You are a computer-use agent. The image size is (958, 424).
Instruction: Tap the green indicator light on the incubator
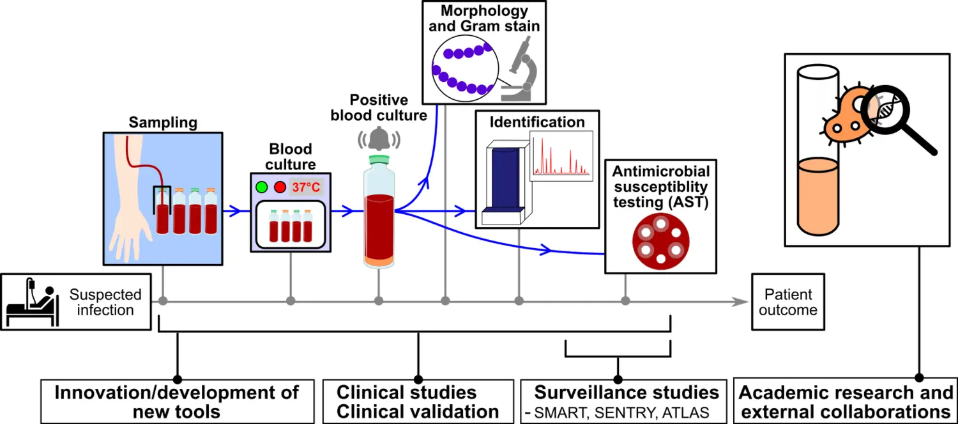[261, 188]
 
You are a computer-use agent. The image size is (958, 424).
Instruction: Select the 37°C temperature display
[306, 188]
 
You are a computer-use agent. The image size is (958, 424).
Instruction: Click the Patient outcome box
[787, 302]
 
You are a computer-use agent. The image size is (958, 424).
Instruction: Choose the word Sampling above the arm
[163, 122]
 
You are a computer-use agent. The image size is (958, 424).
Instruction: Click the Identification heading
[537, 122]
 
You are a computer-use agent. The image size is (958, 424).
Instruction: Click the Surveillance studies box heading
[626, 392]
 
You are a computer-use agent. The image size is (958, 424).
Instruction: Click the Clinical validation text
[417, 412]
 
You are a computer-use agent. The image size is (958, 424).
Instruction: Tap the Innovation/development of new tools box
[176, 402]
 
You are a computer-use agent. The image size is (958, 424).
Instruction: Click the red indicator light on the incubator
[280, 188]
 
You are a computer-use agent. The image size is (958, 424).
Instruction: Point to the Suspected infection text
[105, 302]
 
